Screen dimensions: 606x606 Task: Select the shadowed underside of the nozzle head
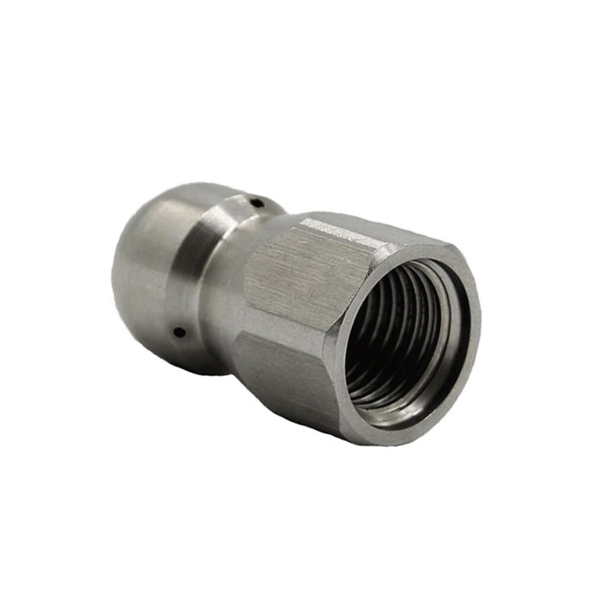click(x=195, y=361)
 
